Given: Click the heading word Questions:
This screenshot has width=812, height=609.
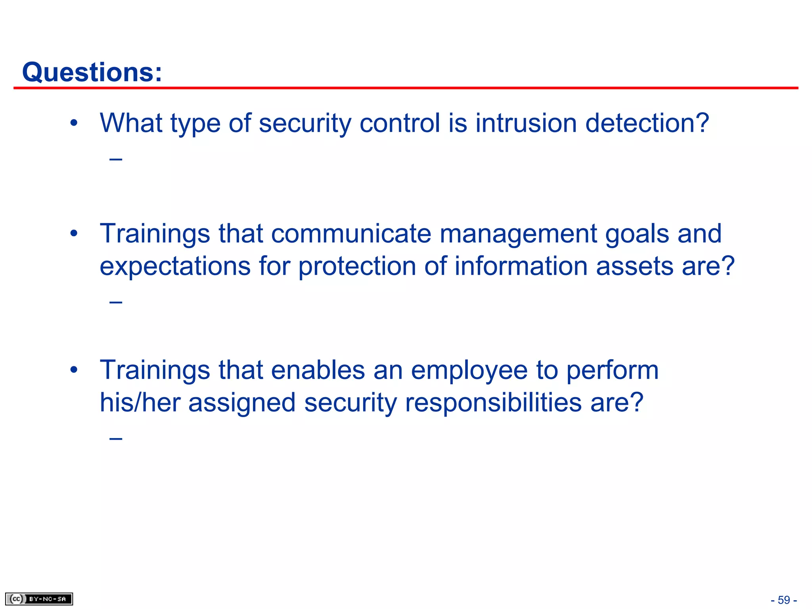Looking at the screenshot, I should tap(92, 72).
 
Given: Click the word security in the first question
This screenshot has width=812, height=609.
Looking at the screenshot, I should tap(305, 124).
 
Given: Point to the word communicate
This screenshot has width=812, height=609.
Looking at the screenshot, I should tap(351, 234).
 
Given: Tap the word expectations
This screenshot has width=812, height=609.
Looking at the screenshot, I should tap(175, 266).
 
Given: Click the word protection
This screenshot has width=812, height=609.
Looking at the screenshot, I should tap(357, 266).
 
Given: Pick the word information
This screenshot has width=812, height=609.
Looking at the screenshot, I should tap(521, 266).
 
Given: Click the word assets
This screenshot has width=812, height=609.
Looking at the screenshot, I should tap(634, 266).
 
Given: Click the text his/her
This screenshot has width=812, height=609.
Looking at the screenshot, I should tap(140, 402).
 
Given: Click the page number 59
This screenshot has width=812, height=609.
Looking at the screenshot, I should tap(783, 600).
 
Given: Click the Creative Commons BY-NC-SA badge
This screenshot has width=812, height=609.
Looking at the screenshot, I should tap(39, 599).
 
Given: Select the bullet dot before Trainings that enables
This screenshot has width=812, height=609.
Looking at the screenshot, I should tap(74, 370).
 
